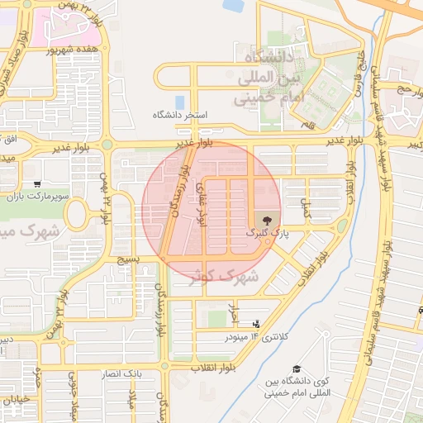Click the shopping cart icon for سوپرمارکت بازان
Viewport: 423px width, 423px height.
tap(38, 183)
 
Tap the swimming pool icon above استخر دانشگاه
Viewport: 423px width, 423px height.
tap(179, 102)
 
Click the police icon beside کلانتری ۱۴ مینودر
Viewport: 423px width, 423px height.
tap(256, 323)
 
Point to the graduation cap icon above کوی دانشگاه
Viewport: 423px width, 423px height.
tap(297, 368)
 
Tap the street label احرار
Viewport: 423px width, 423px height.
tap(235, 315)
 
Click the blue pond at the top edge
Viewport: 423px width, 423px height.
tap(234, 5)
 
